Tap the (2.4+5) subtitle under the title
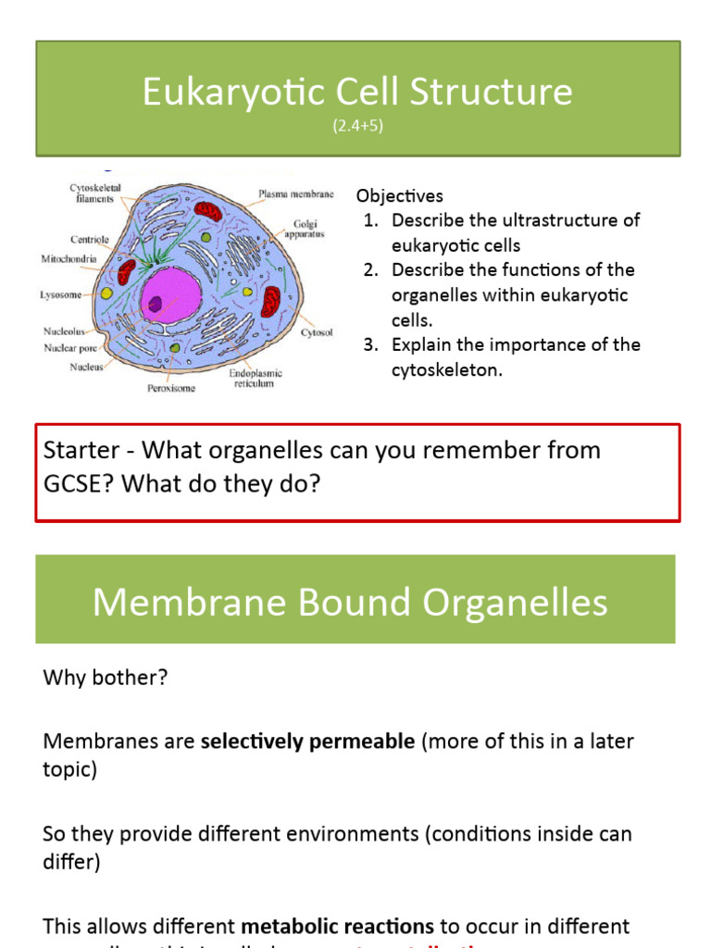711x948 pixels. [357, 127]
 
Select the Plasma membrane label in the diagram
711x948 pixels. [295, 194]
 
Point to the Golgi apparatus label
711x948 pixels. [306, 230]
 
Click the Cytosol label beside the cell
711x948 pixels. [317, 331]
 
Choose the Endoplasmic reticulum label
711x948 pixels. [256, 378]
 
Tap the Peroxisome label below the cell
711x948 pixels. [171, 388]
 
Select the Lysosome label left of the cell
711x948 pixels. [60, 295]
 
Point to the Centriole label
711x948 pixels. [90, 240]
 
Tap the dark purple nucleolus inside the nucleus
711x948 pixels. [156, 303]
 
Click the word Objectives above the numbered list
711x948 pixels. [400, 196]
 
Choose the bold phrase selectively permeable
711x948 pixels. [307, 742]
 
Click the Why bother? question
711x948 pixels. [106, 678]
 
